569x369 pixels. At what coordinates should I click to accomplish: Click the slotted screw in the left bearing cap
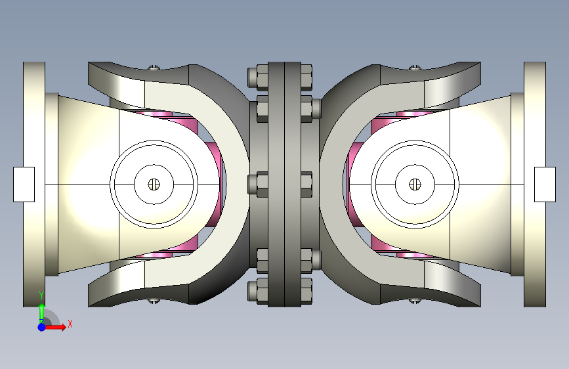tap(154, 185)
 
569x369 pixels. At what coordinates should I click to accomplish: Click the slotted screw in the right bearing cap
tap(415, 185)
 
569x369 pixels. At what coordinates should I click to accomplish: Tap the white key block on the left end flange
tap(24, 185)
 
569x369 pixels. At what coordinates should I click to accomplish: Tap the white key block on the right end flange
tap(545, 185)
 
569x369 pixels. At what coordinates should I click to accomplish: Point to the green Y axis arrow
tap(42, 312)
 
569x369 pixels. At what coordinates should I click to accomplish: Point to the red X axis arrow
tap(54, 327)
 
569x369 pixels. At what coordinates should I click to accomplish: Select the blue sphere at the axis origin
tap(42, 327)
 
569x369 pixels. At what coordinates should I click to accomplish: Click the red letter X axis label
tap(70, 324)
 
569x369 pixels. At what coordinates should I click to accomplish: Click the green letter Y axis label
tap(41, 295)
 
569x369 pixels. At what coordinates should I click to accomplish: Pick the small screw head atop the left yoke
tap(154, 67)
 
